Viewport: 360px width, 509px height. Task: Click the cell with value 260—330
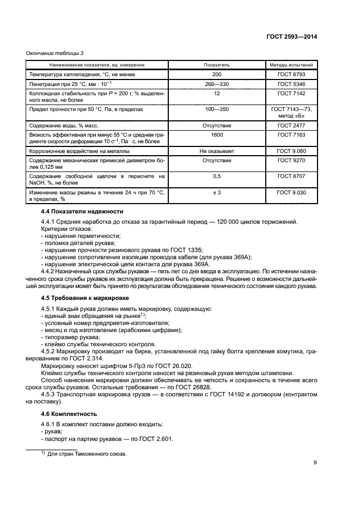(x=217, y=84)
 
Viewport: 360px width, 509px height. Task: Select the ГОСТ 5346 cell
(x=291, y=84)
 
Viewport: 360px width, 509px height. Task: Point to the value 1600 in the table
(x=217, y=134)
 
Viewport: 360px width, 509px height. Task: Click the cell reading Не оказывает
(x=217, y=151)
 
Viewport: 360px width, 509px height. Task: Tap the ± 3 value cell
(x=217, y=193)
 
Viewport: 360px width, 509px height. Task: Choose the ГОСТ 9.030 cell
(x=291, y=193)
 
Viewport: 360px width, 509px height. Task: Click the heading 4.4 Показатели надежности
(x=82, y=211)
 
